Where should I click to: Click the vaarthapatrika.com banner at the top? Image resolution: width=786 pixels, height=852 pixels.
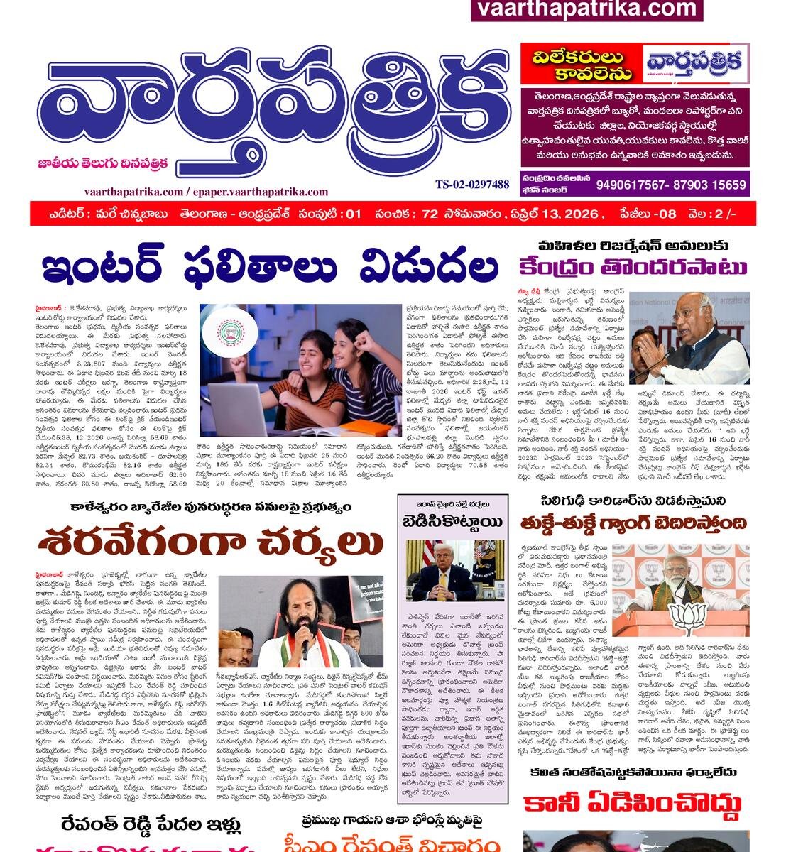586,9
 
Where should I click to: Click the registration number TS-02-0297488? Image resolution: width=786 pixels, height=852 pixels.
472,185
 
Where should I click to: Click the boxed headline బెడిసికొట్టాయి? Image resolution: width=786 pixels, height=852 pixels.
452,523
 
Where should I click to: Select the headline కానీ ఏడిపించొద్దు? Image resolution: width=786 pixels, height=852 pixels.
632,804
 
